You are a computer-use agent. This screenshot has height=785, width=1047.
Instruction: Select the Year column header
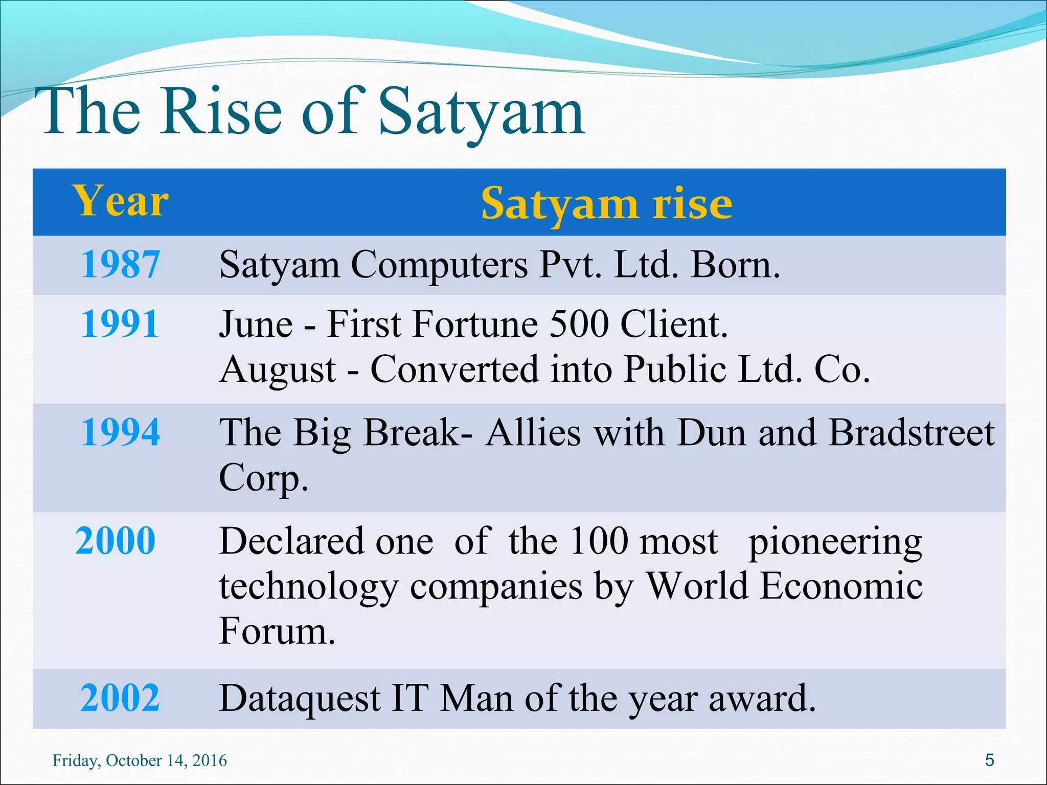(x=121, y=201)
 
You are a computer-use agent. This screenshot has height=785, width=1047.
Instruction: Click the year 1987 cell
(x=121, y=265)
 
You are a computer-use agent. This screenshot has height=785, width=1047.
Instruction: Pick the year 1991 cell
(x=121, y=324)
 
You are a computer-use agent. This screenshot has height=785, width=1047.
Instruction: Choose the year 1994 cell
(x=121, y=432)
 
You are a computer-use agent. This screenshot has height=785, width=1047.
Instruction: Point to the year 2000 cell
(x=116, y=541)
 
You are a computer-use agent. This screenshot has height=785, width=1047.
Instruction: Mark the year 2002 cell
(x=121, y=698)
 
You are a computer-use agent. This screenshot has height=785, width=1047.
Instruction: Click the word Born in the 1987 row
(x=734, y=266)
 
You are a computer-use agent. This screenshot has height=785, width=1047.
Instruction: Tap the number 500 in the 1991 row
(x=579, y=325)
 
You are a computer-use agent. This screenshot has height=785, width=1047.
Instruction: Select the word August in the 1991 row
(x=278, y=370)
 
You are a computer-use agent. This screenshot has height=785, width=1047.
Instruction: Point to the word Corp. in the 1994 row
(x=264, y=478)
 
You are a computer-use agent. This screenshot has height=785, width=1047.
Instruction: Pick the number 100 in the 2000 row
(x=599, y=542)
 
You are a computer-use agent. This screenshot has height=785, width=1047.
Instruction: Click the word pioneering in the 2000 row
(x=835, y=544)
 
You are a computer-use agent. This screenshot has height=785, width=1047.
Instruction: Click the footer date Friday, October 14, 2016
(x=140, y=760)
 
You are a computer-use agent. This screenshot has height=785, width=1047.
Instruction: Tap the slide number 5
(x=989, y=760)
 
